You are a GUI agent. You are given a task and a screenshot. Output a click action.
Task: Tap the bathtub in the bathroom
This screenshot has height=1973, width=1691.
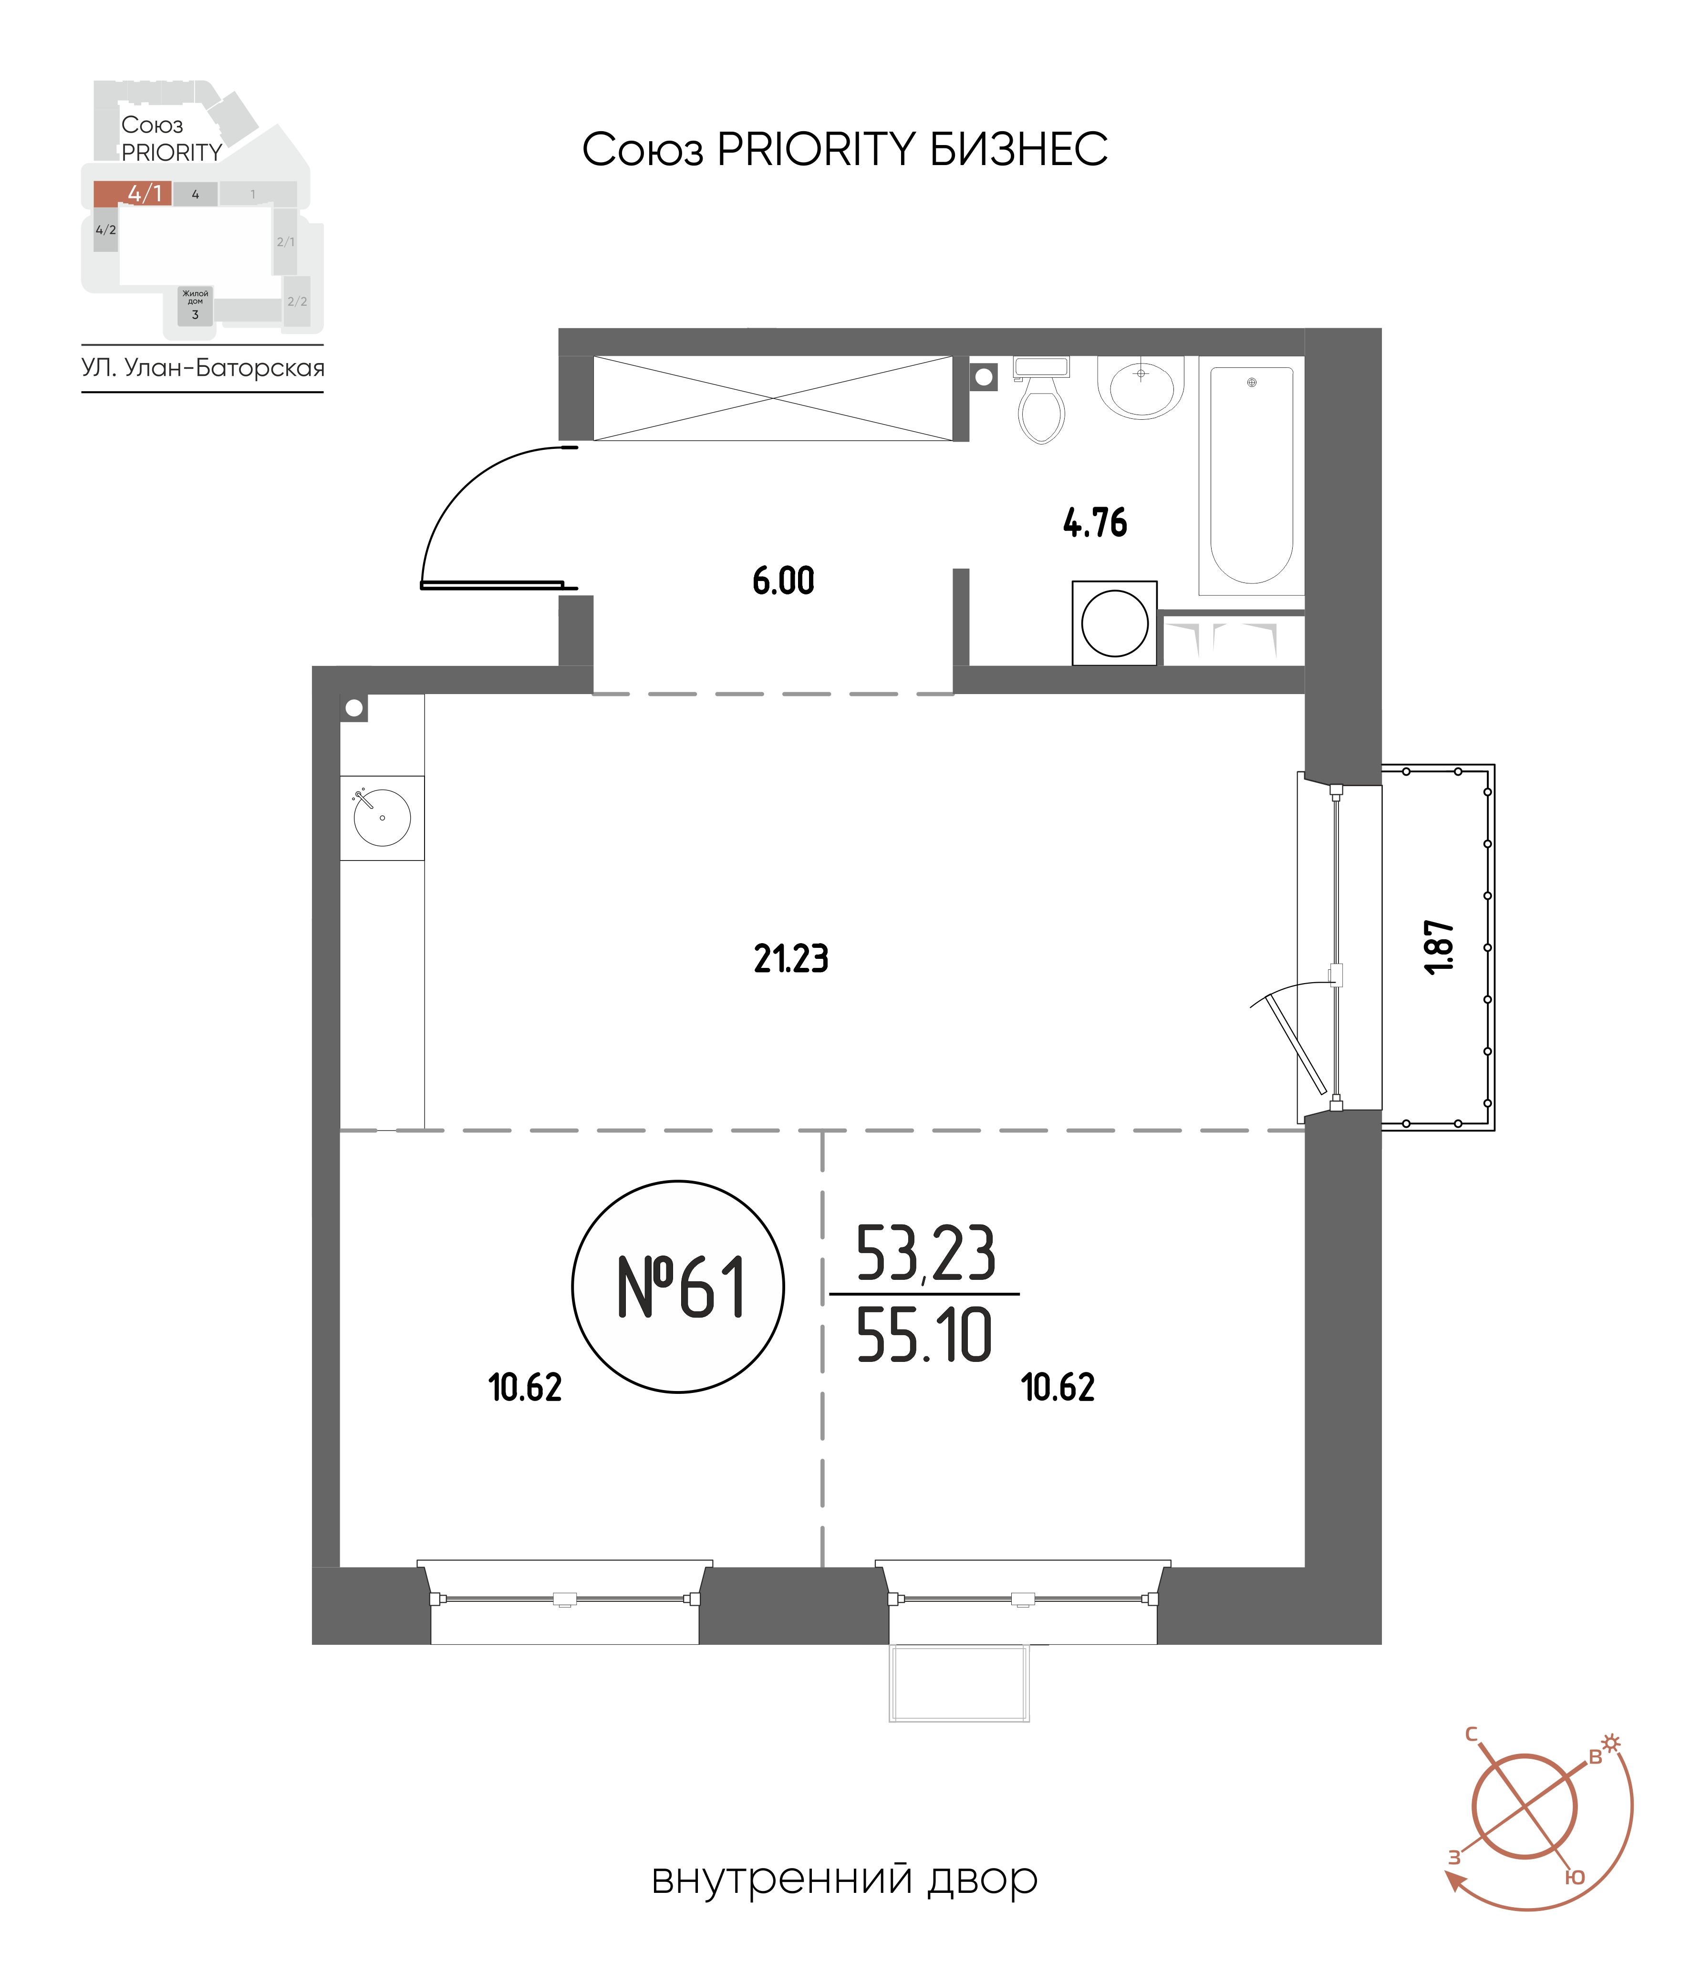(x=1251, y=476)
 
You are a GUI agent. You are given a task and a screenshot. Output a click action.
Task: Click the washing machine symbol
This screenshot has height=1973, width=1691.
(x=1114, y=623)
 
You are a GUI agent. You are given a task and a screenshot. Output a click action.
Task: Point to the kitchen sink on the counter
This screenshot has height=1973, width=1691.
(x=382, y=817)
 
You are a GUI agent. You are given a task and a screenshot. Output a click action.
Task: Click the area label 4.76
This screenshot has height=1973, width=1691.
(x=1095, y=523)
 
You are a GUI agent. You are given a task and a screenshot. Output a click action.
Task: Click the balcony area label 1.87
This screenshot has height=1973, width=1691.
(x=1440, y=946)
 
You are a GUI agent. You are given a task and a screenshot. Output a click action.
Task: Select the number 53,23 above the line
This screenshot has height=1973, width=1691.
(x=925, y=1253)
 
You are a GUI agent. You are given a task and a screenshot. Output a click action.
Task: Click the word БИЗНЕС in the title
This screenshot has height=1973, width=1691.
(x=1019, y=149)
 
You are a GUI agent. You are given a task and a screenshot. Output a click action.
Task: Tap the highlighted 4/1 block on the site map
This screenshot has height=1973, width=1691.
(x=132, y=193)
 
